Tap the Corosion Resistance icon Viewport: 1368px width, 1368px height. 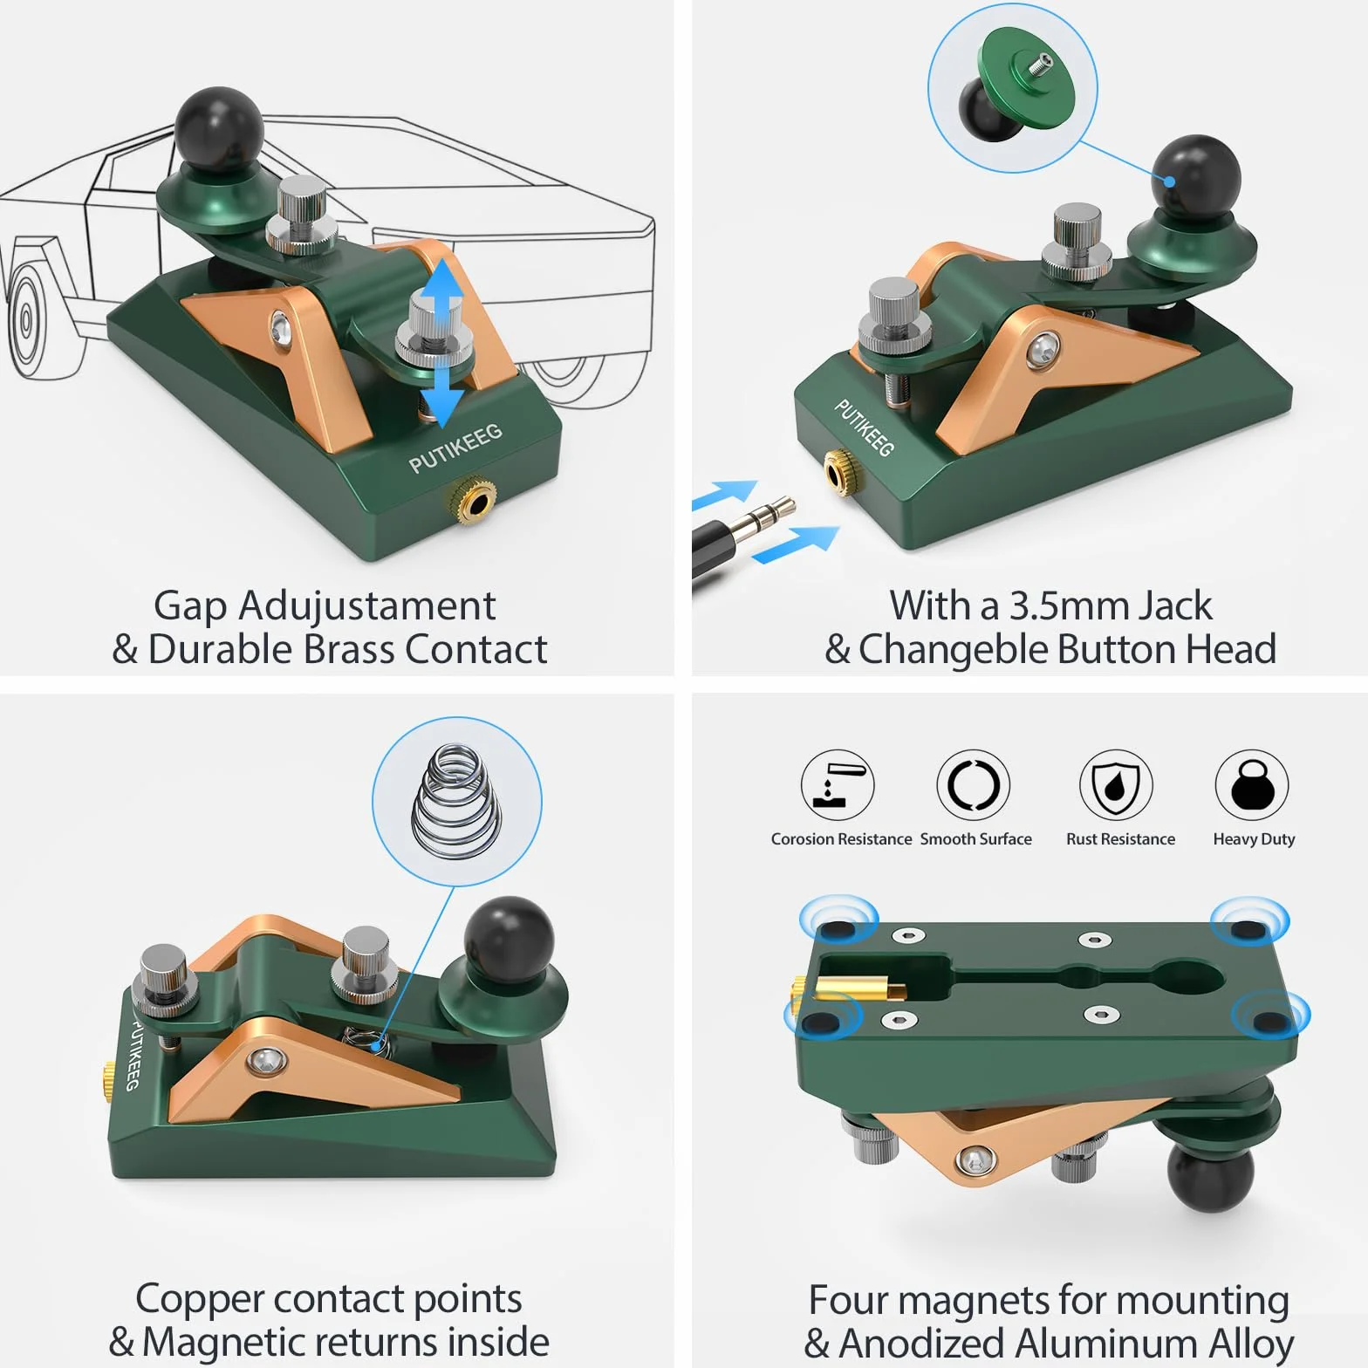838,784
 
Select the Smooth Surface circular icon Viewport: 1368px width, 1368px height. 974,784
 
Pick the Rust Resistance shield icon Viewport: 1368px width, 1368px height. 1116,784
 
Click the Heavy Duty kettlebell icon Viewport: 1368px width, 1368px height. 1252,784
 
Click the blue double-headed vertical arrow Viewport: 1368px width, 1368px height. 442,342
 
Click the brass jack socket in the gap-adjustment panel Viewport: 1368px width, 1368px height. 472,503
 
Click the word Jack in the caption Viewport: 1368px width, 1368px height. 1173,606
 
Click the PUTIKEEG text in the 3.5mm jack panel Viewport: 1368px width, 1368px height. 865,427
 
